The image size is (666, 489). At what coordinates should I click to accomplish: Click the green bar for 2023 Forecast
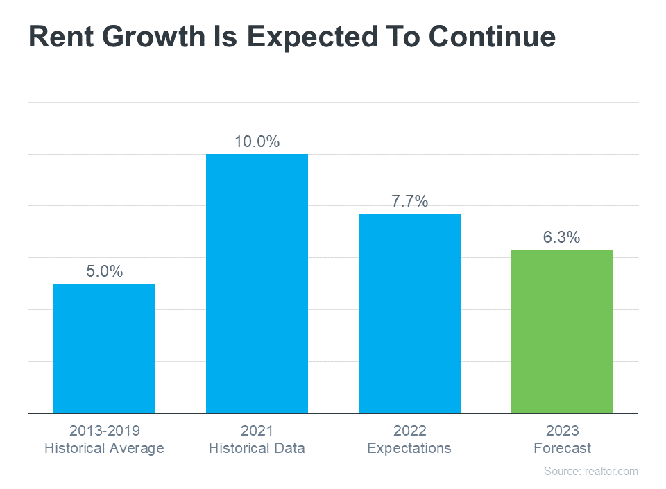coord(562,332)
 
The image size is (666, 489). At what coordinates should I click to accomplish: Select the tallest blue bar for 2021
coord(257,283)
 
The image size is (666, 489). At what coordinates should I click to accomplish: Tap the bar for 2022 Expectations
coord(409,313)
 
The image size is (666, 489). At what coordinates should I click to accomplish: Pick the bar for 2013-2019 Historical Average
coord(104,348)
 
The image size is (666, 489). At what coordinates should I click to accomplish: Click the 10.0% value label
coord(257,142)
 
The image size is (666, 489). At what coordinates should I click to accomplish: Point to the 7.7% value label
coord(409,202)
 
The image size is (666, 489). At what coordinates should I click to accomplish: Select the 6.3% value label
coord(561,238)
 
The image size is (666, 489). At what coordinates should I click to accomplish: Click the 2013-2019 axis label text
coord(104,431)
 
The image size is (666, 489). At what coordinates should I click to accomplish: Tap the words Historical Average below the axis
coord(104,448)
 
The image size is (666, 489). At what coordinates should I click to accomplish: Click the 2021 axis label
coord(257,431)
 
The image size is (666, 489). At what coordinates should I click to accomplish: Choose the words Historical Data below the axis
coord(257,448)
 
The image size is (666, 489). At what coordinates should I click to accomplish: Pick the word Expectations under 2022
coord(409,448)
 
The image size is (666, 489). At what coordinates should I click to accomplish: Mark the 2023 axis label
coord(562,431)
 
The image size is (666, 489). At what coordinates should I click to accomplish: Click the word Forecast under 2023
coord(562,448)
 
